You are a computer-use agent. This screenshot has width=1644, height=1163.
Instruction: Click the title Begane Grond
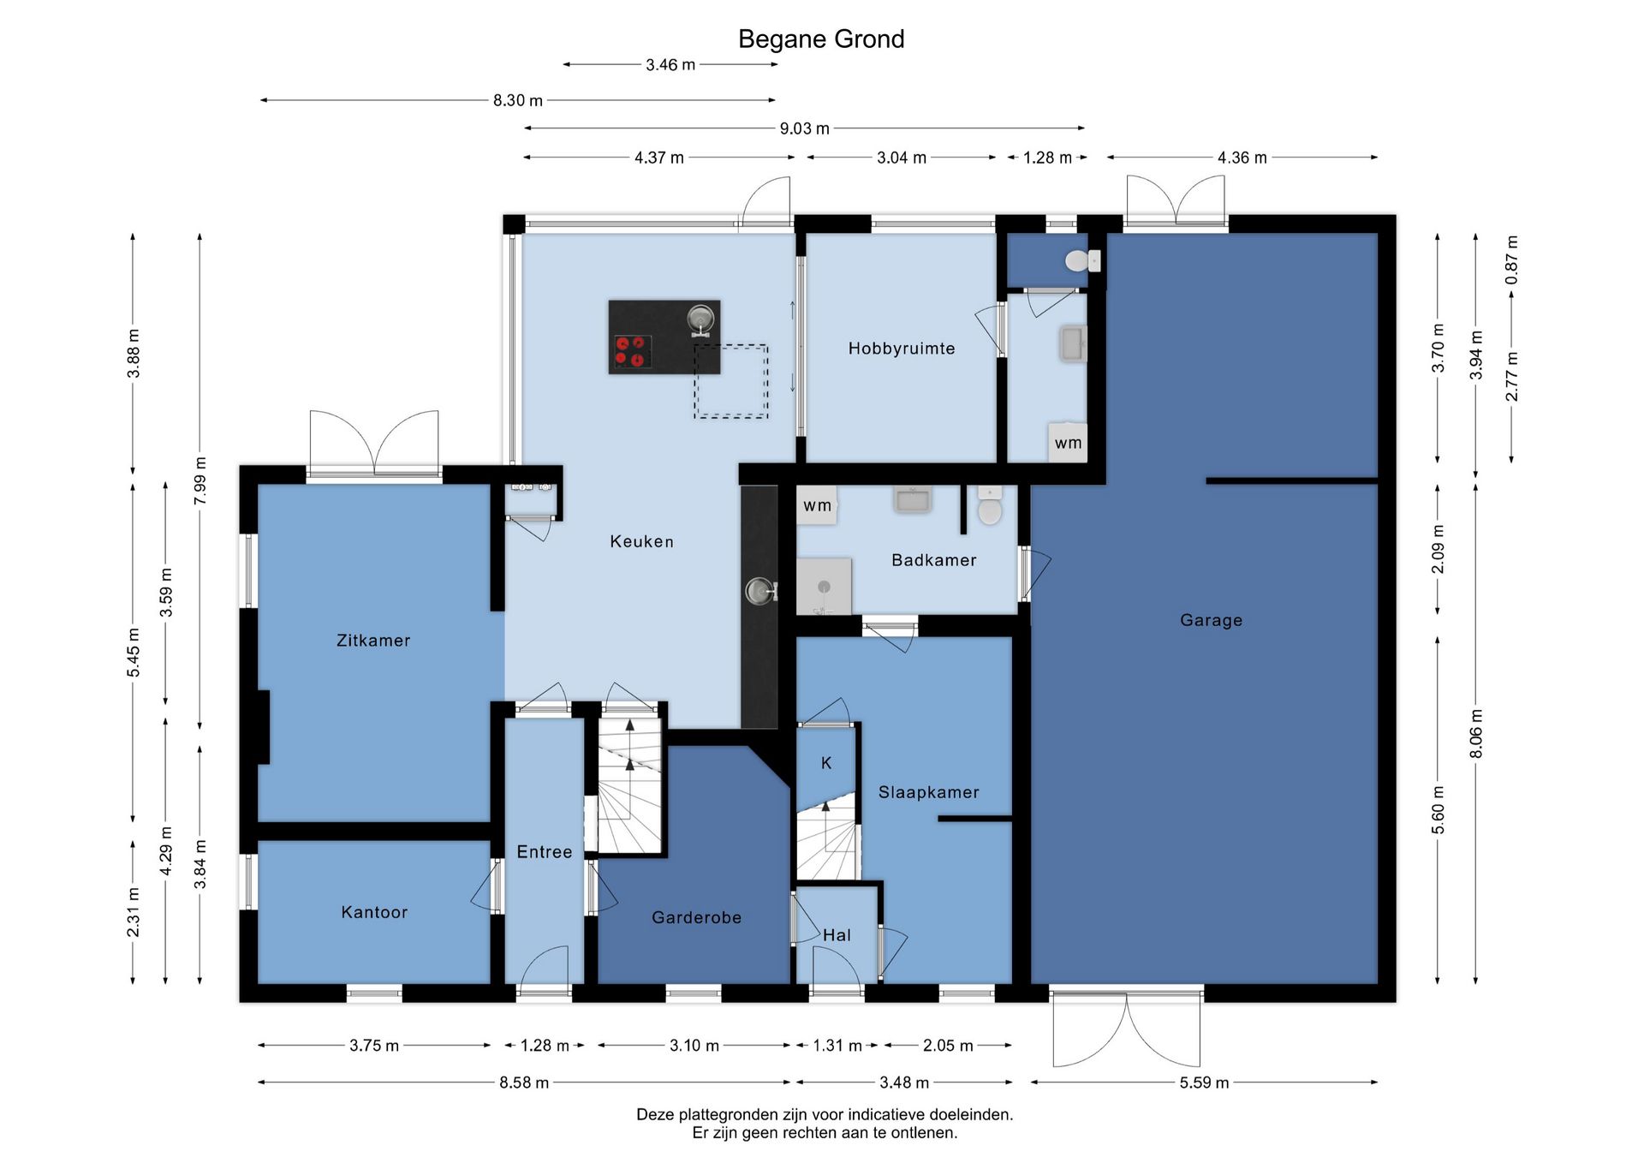tap(821, 39)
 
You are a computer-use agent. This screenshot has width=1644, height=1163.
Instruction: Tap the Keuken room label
tap(641, 541)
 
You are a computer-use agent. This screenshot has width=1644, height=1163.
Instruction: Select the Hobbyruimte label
tap(902, 349)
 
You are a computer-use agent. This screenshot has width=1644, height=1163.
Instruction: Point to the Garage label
tap(1211, 620)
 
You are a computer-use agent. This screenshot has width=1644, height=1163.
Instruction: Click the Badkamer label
tap(934, 560)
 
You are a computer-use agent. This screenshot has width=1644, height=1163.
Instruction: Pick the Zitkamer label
tap(373, 641)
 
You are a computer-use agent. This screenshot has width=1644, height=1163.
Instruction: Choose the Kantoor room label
tap(374, 912)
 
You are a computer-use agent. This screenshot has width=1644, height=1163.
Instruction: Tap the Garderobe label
tap(696, 917)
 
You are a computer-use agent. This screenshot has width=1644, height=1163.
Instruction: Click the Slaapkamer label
tap(929, 792)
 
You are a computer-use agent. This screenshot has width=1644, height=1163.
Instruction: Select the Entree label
tap(545, 852)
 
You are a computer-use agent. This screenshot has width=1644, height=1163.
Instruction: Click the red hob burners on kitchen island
tap(631, 352)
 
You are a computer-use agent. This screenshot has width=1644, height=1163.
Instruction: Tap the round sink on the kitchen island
tap(700, 319)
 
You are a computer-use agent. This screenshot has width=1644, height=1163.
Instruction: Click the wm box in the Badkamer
tap(817, 505)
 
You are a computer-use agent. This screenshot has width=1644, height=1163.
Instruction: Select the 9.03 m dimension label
tap(805, 128)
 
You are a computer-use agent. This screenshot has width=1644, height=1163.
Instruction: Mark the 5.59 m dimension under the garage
tap(1204, 1082)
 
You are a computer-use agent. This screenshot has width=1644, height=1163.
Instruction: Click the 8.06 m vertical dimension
tap(1476, 734)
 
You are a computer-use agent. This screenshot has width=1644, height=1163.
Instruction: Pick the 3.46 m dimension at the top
tap(670, 65)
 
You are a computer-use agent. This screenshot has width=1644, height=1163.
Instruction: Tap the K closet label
tap(826, 763)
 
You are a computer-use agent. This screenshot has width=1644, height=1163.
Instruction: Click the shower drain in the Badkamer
tap(824, 587)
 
